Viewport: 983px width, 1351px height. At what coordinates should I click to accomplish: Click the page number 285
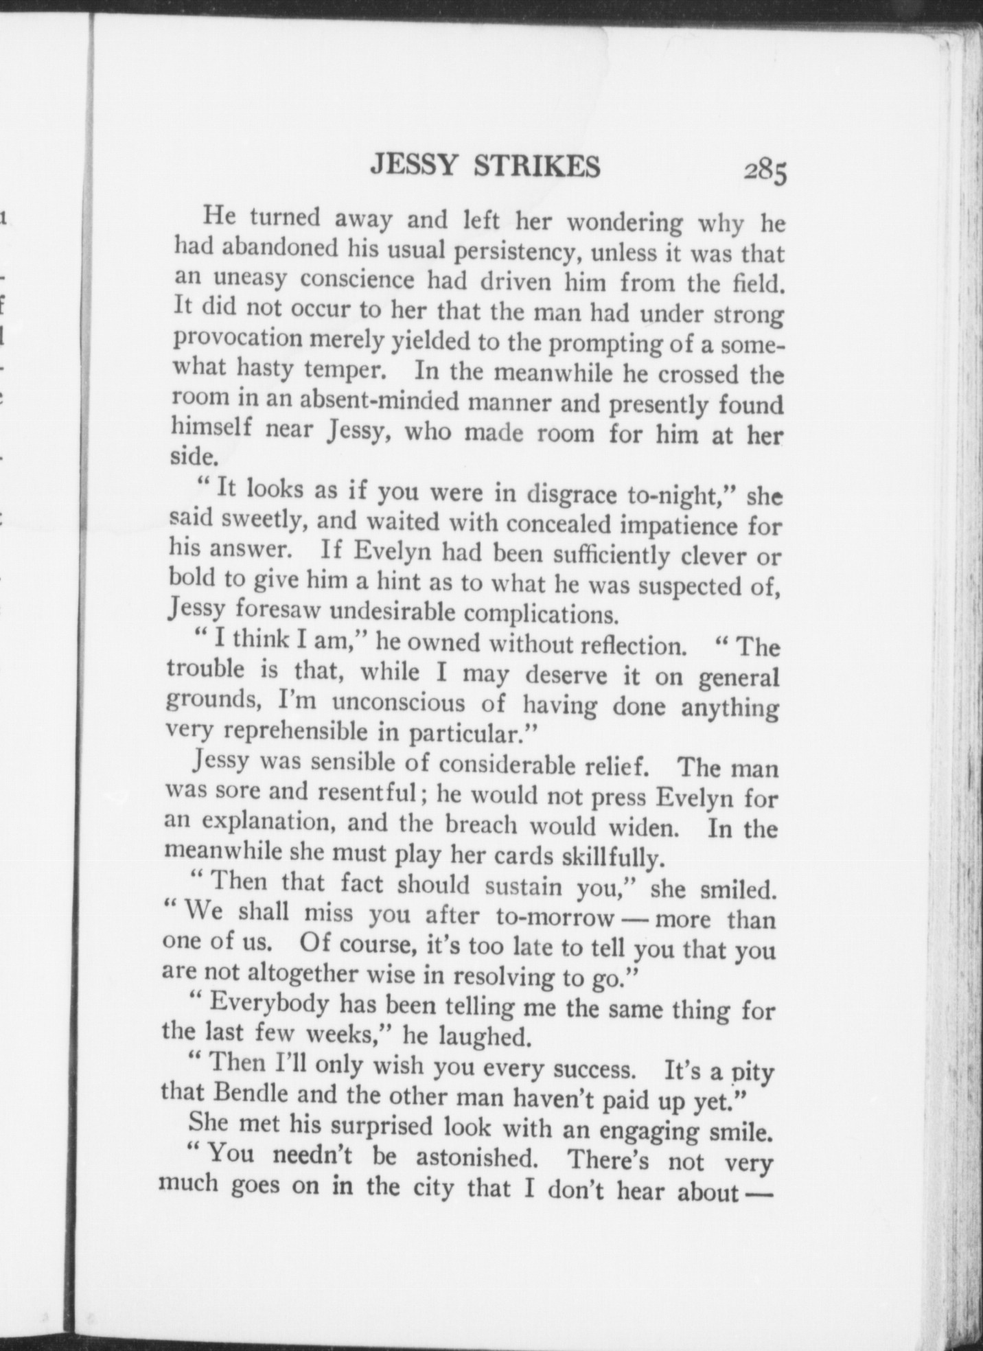[x=764, y=172]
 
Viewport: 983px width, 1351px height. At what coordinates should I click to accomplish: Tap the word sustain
[x=524, y=887]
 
